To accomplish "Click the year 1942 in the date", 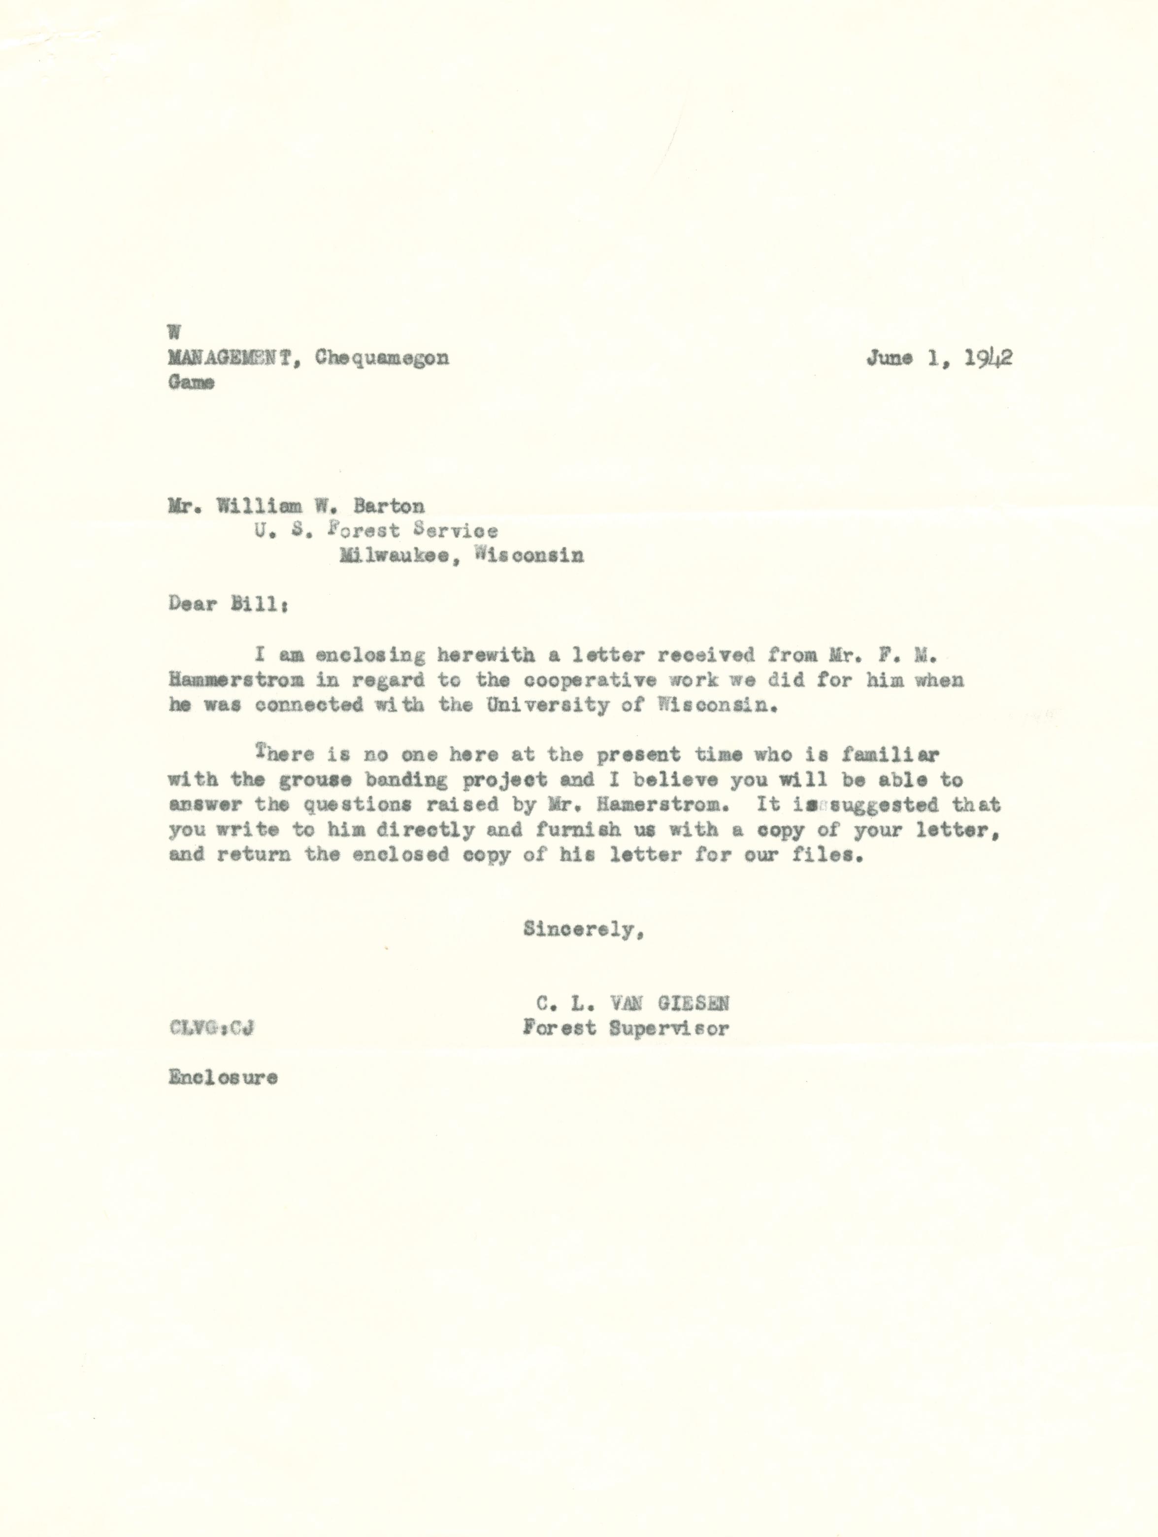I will (x=988, y=357).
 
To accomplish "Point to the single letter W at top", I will (x=174, y=333).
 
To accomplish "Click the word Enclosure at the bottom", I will (x=223, y=1078).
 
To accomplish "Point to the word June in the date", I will (x=889, y=358).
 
